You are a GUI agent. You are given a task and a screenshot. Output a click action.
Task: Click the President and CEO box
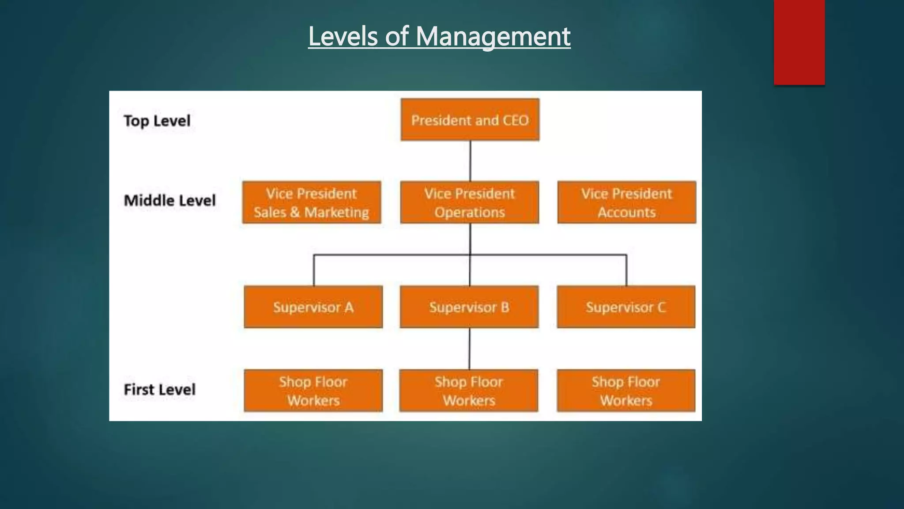coord(470,120)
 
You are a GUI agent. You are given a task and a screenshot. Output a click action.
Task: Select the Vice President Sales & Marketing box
coord(311,202)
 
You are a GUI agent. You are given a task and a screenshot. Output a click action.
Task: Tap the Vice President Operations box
coord(469,202)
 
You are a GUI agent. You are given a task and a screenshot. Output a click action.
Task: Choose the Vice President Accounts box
coord(626,202)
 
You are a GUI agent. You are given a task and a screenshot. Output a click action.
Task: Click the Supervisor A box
coord(313,307)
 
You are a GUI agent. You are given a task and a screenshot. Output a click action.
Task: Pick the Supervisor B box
coord(469,307)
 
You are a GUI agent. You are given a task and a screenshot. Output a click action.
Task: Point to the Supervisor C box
coord(625,307)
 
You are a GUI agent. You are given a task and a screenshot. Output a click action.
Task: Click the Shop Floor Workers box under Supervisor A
coord(313,391)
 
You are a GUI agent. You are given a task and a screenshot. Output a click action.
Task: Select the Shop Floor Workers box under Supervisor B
coord(468,391)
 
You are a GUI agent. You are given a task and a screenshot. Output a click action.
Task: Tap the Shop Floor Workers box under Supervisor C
coord(625,391)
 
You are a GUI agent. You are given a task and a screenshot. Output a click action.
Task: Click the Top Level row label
coord(157,121)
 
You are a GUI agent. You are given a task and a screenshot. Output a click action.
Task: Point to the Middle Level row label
coord(169,201)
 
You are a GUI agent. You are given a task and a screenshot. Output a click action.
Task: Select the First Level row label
coord(159,390)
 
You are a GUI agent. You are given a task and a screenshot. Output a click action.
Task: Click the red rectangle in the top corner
coord(799,42)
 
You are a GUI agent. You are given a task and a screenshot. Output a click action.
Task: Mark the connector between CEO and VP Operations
coord(470,161)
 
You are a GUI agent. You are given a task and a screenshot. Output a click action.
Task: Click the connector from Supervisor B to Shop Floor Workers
coord(469,349)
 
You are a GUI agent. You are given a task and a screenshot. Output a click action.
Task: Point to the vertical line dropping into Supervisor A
coord(314,270)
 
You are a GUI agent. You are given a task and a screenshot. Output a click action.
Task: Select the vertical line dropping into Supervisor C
coord(626,270)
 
